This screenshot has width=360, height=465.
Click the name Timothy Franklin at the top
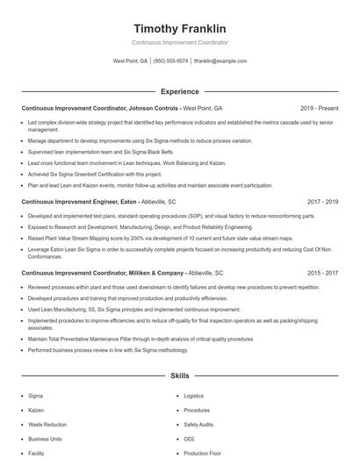[x=179, y=28]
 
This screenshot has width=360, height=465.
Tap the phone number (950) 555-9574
[x=171, y=61]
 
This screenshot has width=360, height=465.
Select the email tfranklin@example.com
[x=220, y=61]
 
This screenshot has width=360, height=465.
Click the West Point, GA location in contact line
[x=130, y=61]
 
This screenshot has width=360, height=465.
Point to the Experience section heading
[x=179, y=91]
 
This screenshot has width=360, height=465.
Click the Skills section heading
[x=179, y=375]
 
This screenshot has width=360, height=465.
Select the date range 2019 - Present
[x=319, y=108]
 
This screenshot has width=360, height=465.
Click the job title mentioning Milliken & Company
[x=103, y=273]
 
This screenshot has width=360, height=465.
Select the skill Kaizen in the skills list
[x=36, y=410]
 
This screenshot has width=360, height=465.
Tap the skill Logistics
[x=193, y=396]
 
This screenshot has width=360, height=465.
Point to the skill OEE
[x=189, y=439]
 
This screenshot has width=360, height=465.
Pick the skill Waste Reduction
[x=47, y=424]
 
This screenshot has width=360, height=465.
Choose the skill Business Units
[x=45, y=439]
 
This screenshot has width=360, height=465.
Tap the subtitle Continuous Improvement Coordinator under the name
[x=179, y=43]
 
